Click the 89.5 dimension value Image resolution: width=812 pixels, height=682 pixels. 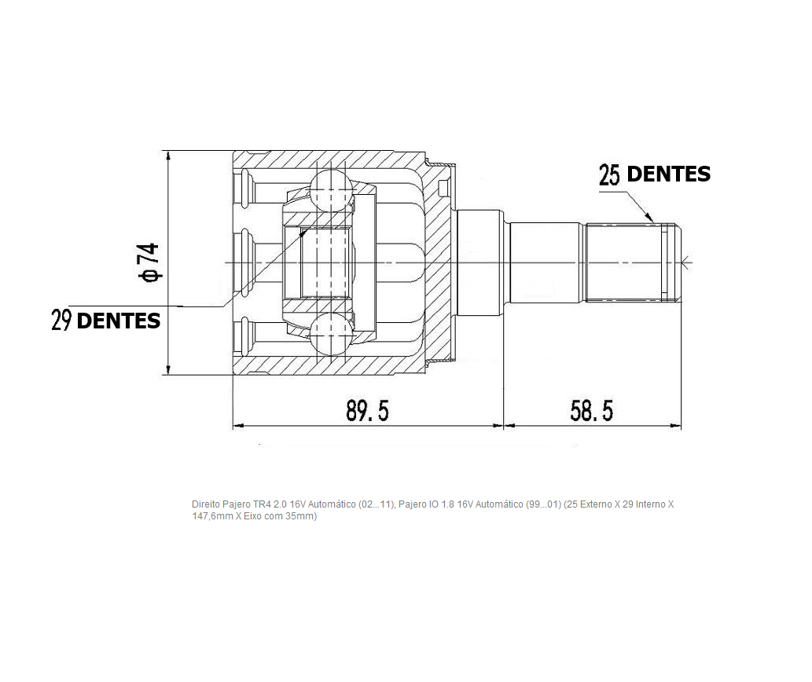[367, 411]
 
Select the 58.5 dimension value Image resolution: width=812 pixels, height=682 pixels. [591, 411]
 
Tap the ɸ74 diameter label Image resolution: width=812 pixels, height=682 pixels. [149, 263]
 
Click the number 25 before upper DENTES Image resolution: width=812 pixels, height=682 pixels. [609, 175]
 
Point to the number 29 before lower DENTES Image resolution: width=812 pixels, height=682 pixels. [61, 321]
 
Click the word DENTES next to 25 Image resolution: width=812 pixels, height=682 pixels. [669, 174]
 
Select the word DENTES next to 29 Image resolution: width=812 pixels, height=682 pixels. [119, 321]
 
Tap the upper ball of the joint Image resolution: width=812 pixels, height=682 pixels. [332, 189]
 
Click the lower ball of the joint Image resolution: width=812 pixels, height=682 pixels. [332, 333]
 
